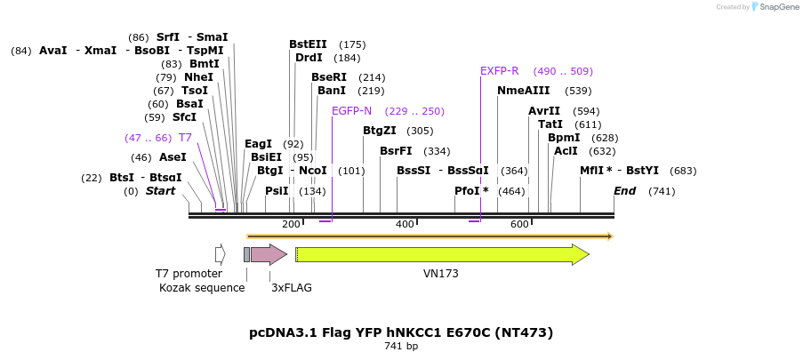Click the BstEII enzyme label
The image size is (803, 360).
point(308,44)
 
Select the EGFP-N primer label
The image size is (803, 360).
point(351,111)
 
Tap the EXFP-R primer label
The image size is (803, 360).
point(499,71)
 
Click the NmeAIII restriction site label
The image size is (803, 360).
point(523,91)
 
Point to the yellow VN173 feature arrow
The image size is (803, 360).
point(442,255)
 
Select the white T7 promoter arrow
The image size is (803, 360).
point(220,255)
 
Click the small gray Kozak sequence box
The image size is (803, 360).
point(246,255)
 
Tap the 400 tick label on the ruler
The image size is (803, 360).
point(405,225)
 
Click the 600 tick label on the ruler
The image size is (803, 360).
point(519,225)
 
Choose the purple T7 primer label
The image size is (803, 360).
point(185,138)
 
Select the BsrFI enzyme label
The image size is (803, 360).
point(396,151)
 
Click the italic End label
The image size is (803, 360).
point(624,191)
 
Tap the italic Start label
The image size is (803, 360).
point(160,191)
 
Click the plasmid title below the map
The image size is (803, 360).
point(401,332)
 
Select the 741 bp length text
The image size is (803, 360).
point(401,346)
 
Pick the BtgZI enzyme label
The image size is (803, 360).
point(379,131)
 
